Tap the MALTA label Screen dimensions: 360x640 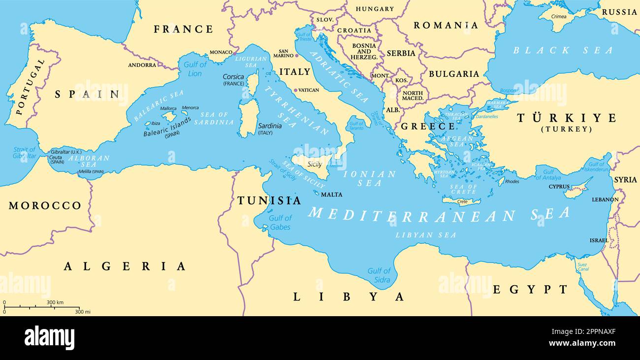(331, 195)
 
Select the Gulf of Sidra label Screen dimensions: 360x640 (379, 275)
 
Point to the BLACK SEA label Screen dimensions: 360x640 (563, 50)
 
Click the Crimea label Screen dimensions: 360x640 (559, 16)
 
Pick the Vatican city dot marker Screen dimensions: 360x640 (295, 90)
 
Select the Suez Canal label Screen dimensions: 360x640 (582, 266)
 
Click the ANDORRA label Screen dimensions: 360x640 (142, 65)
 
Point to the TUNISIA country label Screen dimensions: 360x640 (269, 200)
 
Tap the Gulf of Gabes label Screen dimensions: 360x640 (280, 223)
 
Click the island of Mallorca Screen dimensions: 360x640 (169, 116)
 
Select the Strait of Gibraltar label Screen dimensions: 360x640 (25, 153)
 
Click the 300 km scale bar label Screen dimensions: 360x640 (55, 302)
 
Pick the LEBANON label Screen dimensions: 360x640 (605, 199)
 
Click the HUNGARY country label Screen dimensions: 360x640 (375, 9)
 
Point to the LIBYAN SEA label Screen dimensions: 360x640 (426, 235)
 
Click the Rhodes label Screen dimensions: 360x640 (512, 181)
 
